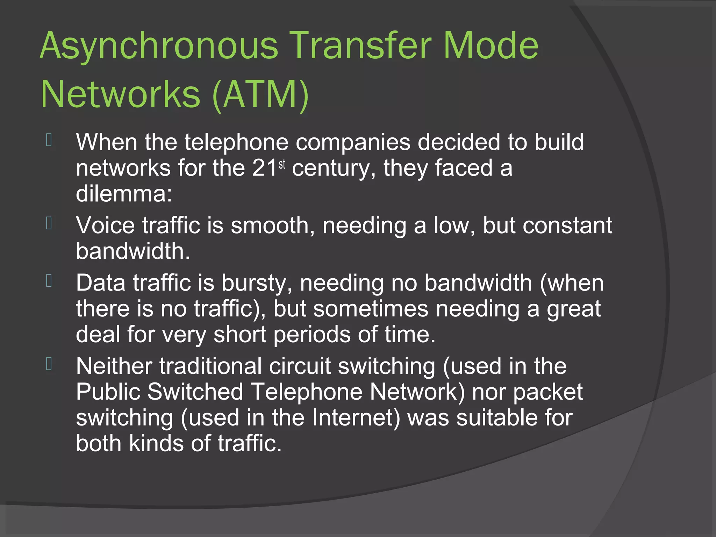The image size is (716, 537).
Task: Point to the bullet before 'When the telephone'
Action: pos(49,140)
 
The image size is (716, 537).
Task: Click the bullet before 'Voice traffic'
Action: pos(49,223)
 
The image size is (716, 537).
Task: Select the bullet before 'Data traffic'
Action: pos(49,281)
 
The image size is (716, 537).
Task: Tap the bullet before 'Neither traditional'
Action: pos(49,364)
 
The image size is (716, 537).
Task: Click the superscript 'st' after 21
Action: pos(282,164)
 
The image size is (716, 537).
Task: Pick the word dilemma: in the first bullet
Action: pos(124,194)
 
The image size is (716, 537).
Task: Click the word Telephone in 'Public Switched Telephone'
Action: pos(307,392)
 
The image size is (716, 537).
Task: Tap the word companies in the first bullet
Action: pos(353,143)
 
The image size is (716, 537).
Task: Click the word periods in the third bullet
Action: pos(312,335)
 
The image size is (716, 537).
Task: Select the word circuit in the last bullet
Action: pos(300,366)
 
